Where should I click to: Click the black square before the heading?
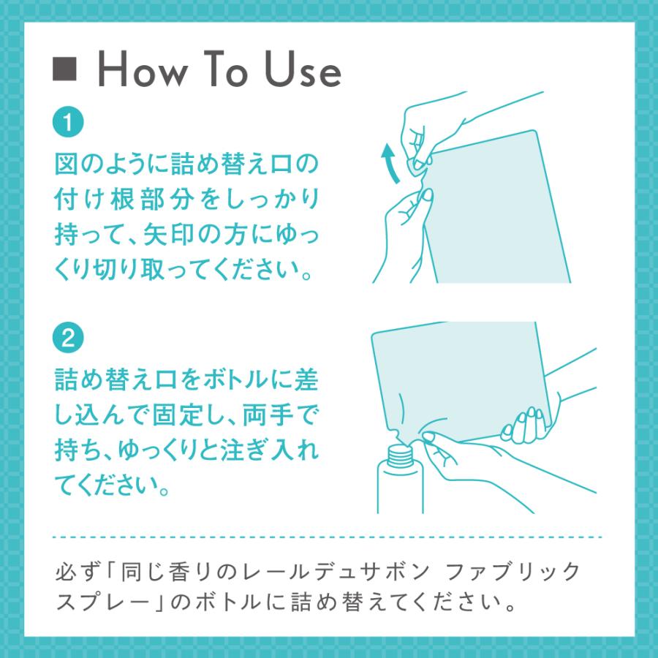64,69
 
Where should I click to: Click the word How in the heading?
143,69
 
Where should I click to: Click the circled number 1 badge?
68,122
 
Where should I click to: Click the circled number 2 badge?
68,338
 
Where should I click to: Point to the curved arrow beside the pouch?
390,163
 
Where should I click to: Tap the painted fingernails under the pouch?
524,424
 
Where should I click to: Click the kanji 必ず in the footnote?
78,572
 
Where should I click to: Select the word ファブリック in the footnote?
511,572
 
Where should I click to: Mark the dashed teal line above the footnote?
328,537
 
